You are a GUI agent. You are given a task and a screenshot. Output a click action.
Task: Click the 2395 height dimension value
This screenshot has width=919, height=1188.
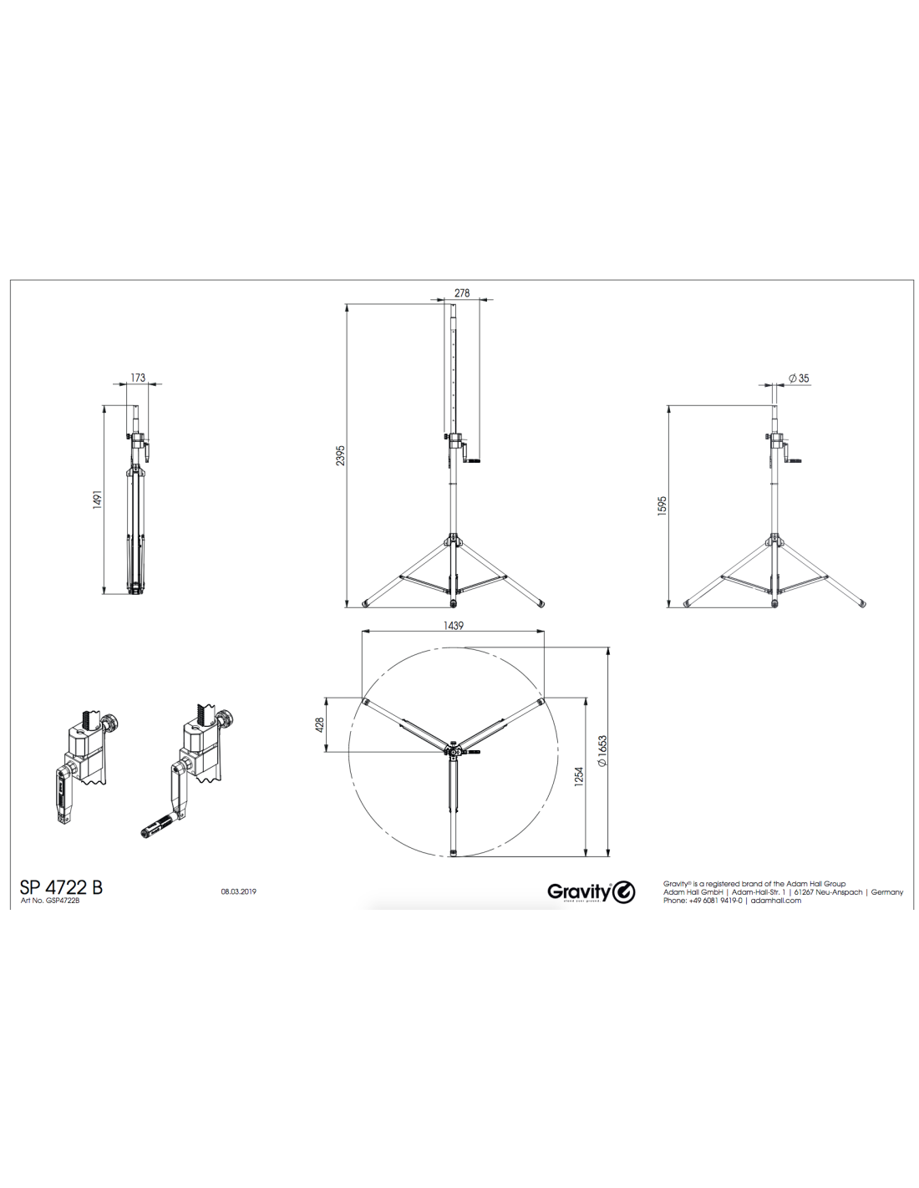(x=341, y=454)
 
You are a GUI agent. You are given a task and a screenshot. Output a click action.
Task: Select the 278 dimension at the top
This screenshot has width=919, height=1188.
(x=462, y=292)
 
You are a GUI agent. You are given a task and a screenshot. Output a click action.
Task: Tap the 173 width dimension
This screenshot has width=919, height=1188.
(x=139, y=378)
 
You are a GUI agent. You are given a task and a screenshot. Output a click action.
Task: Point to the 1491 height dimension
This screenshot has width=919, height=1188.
(x=97, y=499)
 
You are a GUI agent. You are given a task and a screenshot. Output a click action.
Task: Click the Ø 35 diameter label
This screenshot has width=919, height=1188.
(x=799, y=378)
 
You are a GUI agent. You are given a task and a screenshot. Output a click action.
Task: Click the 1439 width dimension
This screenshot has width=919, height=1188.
(x=454, y=626)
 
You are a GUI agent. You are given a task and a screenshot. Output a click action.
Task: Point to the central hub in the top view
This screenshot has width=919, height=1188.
(x=453, y=752)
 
